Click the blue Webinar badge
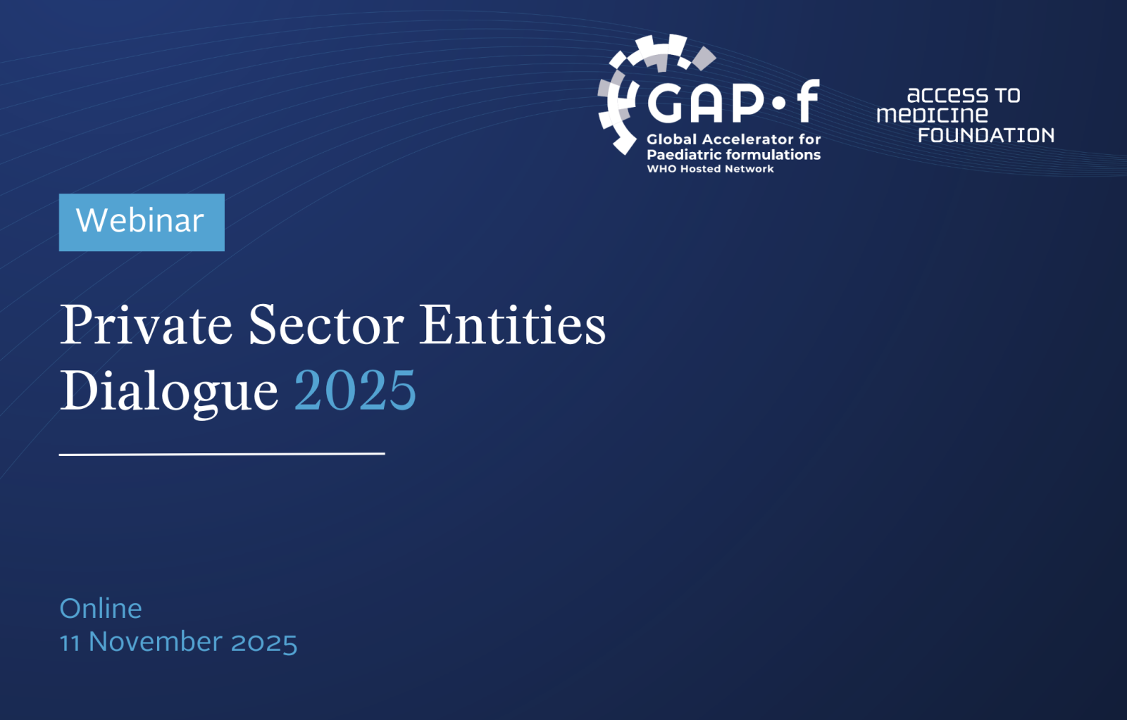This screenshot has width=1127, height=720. pyautogui.click(x=142, y=222)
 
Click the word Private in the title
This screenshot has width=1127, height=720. pyautogui.click(x=146, y=324)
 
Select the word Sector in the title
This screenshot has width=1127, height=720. pyautogui.click(x=326, y=324)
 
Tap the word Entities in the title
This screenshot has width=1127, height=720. pyautogui.click(x=512, y=324)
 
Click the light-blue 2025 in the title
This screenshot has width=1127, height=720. pyautogui.click(x=355, y=390)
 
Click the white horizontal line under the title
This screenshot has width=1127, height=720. pyautogui.click(x=222, y=454)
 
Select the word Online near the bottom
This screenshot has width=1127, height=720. pyautogui.click(x=101, y=609)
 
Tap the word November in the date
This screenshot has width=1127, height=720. pyautogui.click(x=156, y=642)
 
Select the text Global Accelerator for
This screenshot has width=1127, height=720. pyautogui.click(x=733, y=139)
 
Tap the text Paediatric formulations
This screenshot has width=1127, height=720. pyautogui.click(x=733, y=154)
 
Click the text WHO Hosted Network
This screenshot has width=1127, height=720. pyautogui.click(x=710, y=169)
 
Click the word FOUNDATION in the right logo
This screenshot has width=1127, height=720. pyautogui.click(x=986, y=135)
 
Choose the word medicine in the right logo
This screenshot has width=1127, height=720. pyautogui.click(x=933, y=115)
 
